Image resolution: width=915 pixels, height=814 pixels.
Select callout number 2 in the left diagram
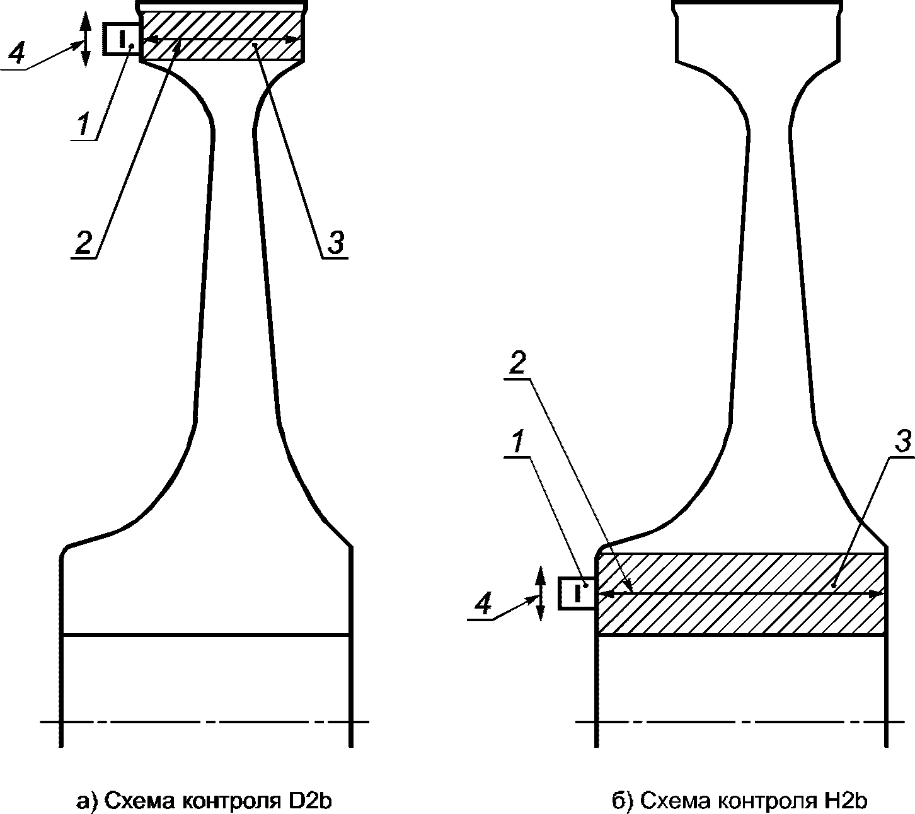tap(84, 241)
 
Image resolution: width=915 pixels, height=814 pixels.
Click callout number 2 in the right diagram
tap(516, 366)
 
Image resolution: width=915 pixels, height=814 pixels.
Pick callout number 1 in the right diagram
tap(516, 445)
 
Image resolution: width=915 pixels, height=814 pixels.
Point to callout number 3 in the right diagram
tap(902, 443)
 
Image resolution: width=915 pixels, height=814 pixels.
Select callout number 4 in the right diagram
tap(483, 605)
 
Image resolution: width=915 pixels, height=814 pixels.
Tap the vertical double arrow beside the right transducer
tap(540, 593)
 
